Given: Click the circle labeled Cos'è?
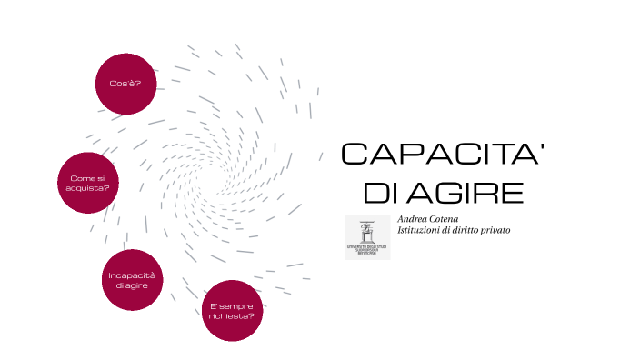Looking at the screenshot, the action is tap(125, 83).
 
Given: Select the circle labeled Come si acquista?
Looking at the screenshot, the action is tap(89, 183).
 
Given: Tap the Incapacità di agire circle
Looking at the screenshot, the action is tap(132, 280).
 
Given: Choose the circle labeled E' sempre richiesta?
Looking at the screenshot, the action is tap(232, 310).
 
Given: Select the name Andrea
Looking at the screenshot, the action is tap(413, 219).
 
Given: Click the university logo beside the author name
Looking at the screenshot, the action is tap(367, 237).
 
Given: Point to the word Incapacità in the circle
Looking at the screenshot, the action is tap(132, 275).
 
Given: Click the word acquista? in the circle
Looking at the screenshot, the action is tap(90, 188).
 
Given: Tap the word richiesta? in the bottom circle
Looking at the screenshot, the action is tap(232, 315).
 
